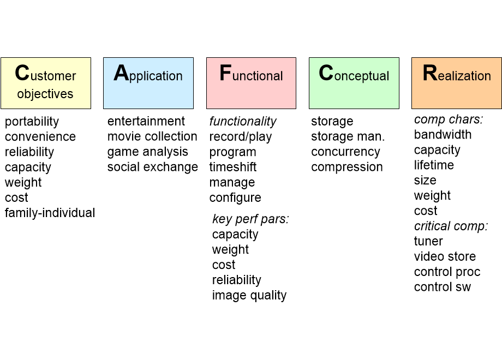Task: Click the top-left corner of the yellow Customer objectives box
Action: (1, 58)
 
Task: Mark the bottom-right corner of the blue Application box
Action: (193, 109)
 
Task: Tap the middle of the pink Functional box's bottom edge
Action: (252, 109)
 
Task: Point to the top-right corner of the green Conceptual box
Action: (399, 58)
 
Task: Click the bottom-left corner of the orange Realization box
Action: (412, 109)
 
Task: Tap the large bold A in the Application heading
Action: (121, 73)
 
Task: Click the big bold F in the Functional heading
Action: (225, 73)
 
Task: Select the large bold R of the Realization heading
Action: (429, 73)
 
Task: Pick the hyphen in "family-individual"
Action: (40, 213)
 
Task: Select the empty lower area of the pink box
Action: (252, 96)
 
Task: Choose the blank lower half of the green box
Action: (354, 96)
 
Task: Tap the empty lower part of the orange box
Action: (457, 96)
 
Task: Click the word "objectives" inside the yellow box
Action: (45, 94)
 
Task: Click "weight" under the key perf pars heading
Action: (230, 250)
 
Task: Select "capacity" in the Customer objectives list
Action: (28, 167)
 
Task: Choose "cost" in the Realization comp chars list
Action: (426, 211)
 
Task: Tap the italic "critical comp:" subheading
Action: (451, 226)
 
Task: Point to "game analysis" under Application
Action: (147, 152)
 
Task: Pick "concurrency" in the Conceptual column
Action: (345, 152)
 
